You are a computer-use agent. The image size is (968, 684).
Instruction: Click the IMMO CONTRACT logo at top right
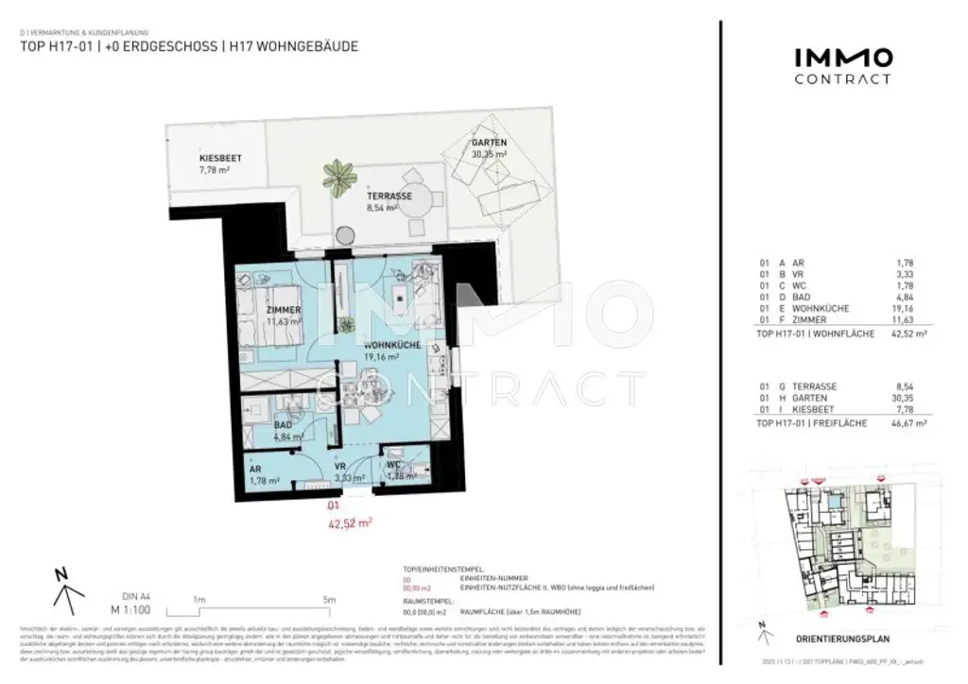[x=841, y=65]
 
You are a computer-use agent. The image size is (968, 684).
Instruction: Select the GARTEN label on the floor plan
[x=489, y=143]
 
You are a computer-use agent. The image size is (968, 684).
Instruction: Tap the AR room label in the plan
[x=255, y=469]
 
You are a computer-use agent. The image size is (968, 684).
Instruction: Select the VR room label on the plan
[x=351, y=467]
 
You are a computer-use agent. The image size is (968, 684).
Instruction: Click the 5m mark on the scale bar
[x=329, y=599]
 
